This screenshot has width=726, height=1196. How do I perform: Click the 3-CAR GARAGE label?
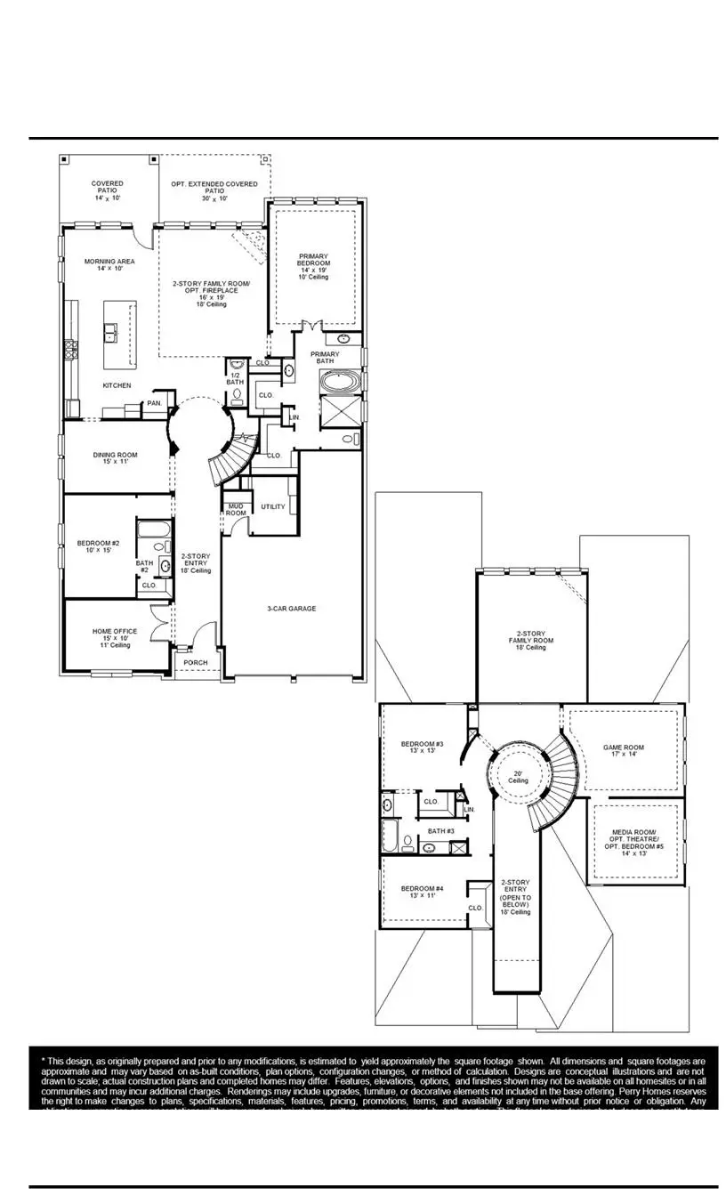click(292, 609)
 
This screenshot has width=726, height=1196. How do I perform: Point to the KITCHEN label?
click(117, 385)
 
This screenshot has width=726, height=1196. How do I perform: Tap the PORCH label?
click(195, 662)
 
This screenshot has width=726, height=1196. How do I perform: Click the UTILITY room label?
click(273, 506)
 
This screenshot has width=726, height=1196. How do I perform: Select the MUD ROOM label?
click(235, 509)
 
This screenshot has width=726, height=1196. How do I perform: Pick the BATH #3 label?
click(441, 831)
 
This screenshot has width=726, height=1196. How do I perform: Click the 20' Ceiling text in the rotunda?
click(519, 777)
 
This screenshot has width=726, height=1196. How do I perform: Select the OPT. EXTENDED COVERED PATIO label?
click(214, 188)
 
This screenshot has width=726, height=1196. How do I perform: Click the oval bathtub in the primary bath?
click(341, 383)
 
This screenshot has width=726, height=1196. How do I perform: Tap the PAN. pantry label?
click(155, 402)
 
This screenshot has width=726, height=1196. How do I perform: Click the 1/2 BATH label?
click(235, 378)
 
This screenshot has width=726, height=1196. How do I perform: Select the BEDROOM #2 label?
click(98, 547)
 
